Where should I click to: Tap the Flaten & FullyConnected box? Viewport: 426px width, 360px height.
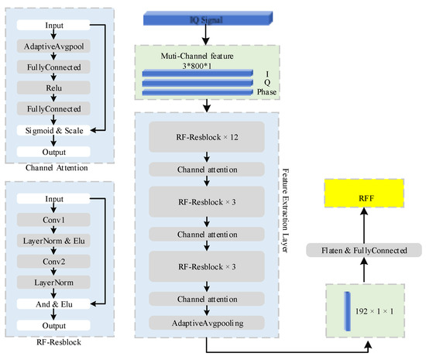pos(363,250)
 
